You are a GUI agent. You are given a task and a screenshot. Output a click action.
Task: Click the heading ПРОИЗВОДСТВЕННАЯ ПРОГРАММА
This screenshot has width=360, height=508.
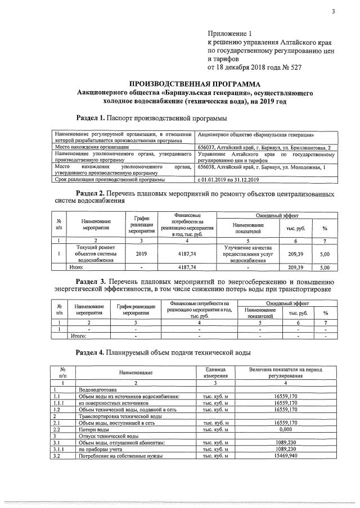click(193, 84)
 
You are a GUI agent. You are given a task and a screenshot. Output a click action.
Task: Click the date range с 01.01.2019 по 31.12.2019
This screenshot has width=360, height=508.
click(228, 180)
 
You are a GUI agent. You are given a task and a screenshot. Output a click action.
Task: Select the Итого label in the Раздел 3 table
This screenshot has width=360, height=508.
click(80, 335)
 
